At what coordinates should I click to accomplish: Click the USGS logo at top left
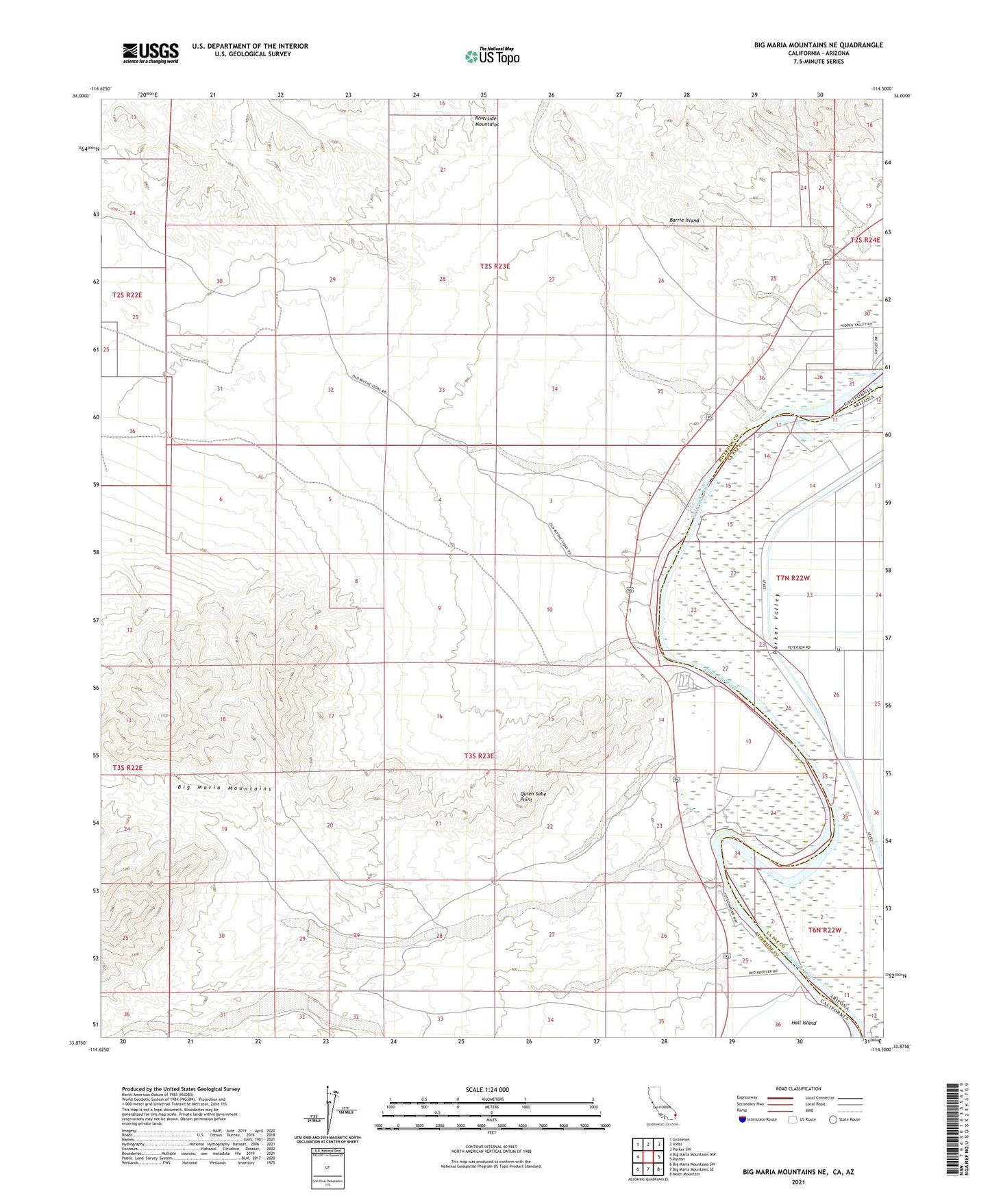click(x=151, y=53)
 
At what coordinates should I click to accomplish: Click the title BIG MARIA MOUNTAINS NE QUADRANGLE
click(x=818, y=45)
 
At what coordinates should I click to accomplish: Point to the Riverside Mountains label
click(x=486, y=121)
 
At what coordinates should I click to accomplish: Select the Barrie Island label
click(x=684, y=221)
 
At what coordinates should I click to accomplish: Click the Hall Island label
click(x=804, y=1023)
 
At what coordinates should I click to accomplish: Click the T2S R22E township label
click(x=127, y=295)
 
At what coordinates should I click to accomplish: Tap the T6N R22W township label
click(x=824, y=930)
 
